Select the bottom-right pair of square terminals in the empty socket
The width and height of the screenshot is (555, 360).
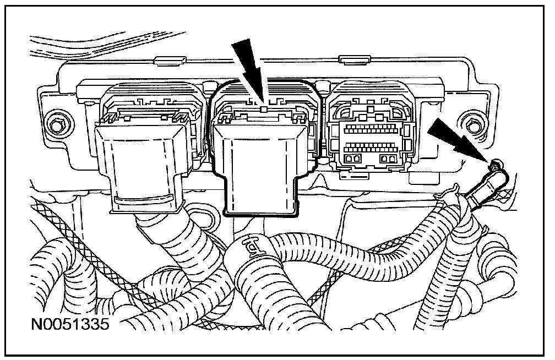[x=389, y=159]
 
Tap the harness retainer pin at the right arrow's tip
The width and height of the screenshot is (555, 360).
[x=494, y=163]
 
